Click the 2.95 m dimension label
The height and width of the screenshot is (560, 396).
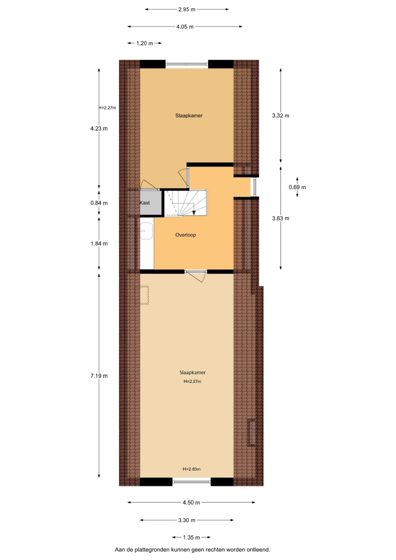click(187, 9)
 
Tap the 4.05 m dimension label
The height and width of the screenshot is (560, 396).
click(185, 27)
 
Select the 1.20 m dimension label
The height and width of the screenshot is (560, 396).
click(144, 43)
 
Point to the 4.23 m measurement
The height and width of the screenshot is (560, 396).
click(99, 128)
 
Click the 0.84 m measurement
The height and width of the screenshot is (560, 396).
click(99, 203)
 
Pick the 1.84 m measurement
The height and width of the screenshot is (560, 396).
click(99, 243)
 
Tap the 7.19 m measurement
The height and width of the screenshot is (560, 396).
click(99, 376)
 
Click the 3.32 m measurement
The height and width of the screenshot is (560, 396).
click(281, 115)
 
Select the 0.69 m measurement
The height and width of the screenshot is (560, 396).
click(297, 187)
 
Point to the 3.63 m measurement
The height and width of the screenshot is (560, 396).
click(281, 218)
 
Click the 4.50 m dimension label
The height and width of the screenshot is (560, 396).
click(191, 503)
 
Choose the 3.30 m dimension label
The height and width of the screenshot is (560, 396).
click(187, 520)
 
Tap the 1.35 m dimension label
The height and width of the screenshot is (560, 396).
click(191, 537)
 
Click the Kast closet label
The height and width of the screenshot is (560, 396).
click(144, 203)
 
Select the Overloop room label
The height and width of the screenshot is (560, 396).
click(185, 235)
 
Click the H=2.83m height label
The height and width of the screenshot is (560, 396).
click(191, 469)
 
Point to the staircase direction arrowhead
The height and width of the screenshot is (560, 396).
click(194, 213)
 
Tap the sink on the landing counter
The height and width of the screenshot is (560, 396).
click(146, 231)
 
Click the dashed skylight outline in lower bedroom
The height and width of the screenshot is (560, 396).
click(144, 295)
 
